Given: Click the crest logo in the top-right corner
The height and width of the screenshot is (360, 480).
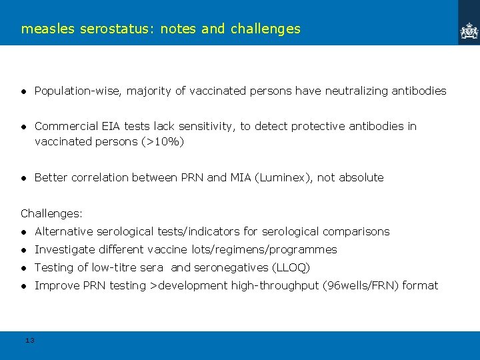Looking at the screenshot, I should coord(469,30).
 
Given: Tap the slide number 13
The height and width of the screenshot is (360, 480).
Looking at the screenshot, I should coord(29,341).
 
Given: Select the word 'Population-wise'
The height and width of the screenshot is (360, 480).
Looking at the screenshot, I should coord(78,91).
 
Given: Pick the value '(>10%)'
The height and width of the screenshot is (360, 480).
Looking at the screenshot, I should coord(162,141).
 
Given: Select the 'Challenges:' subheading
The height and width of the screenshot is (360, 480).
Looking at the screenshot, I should coord(51,213).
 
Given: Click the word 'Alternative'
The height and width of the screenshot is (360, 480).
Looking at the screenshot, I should coord(64,231).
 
